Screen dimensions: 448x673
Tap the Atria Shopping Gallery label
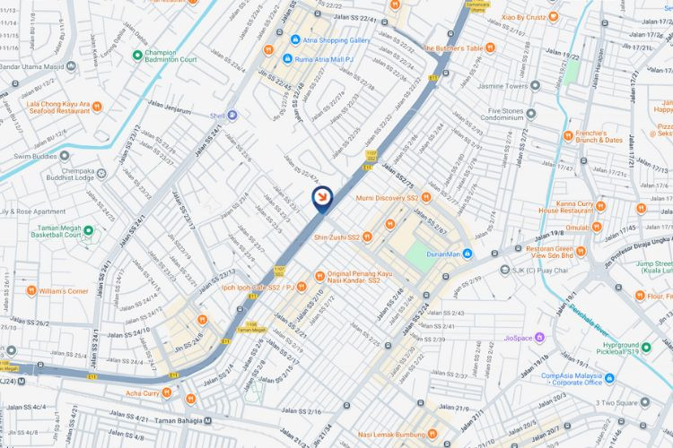(x=333, y=40)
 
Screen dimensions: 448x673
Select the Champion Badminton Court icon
(x=137, y=55)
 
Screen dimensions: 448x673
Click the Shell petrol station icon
(x=232, y=115)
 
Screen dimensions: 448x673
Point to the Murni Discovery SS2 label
(x=386, y=197)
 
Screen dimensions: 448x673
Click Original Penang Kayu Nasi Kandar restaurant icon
(x=320, y=275)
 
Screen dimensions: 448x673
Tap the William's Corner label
(x=64, y=291)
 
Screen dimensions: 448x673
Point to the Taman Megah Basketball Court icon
(x=88, y=230)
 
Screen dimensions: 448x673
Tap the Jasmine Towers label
(x=503, y=86)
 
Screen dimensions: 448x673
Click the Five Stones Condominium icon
(x=531, y=113)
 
